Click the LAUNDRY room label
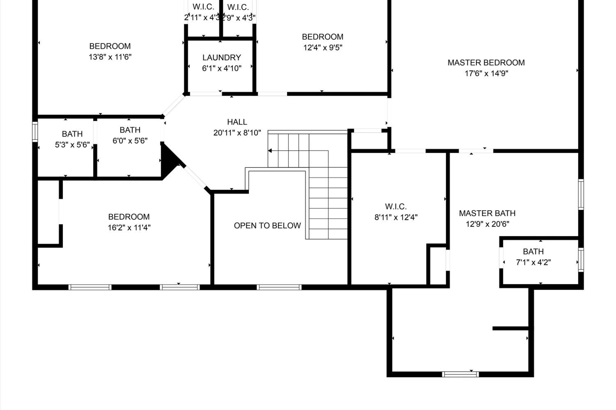click(222, 58)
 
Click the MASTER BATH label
click(487, 213)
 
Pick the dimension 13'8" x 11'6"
click(110, 57)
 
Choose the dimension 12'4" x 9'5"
click(323, 48)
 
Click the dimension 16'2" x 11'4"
click(129, 228)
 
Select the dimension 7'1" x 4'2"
click(533, 262)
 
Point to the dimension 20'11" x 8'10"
click(237, 133)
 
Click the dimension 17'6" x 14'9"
click(486, 73)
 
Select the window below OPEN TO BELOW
click(279, 287)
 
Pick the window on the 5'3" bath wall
click(35, 132)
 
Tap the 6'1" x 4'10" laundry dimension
click(222, 68)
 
